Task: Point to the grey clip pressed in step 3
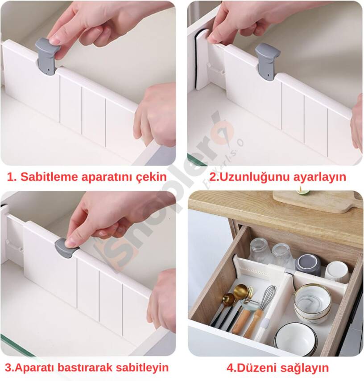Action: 66,248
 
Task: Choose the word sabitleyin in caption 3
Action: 144,368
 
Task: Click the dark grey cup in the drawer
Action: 308,265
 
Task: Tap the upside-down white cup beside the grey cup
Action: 337,271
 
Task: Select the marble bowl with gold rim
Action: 312,301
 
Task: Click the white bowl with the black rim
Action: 294,339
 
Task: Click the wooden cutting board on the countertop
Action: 319,201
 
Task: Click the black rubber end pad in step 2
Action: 198,62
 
